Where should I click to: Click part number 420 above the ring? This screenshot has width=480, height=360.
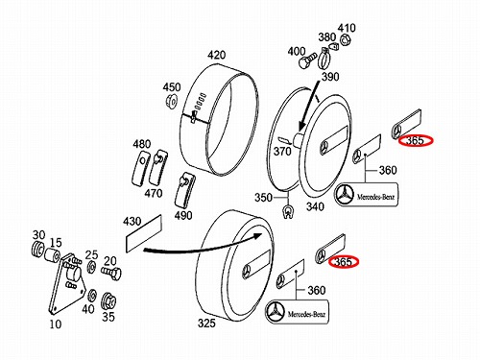pos(216,56)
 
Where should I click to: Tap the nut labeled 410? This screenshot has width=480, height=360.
pos(345,40)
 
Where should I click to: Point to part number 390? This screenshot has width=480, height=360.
pos(330,77)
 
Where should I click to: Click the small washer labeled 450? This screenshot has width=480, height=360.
pos(172,102)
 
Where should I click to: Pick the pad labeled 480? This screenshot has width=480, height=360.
pos(140,168)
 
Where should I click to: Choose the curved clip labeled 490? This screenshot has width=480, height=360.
pos(185,191)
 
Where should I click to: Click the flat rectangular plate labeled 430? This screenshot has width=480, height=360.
pos(144,234)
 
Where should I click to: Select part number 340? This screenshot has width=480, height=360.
pos(315,206)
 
